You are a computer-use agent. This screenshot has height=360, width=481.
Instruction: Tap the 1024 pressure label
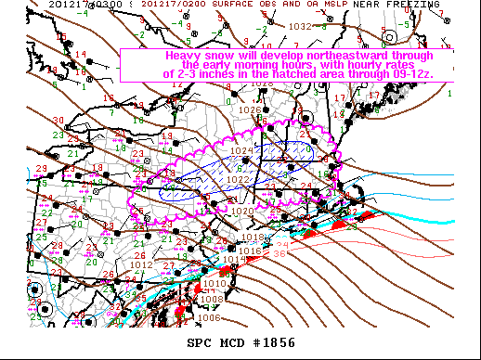242,150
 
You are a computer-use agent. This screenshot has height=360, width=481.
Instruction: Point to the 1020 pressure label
242,212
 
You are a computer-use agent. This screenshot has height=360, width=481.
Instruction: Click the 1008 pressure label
212,299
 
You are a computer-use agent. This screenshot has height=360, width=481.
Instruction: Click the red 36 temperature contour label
279,254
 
